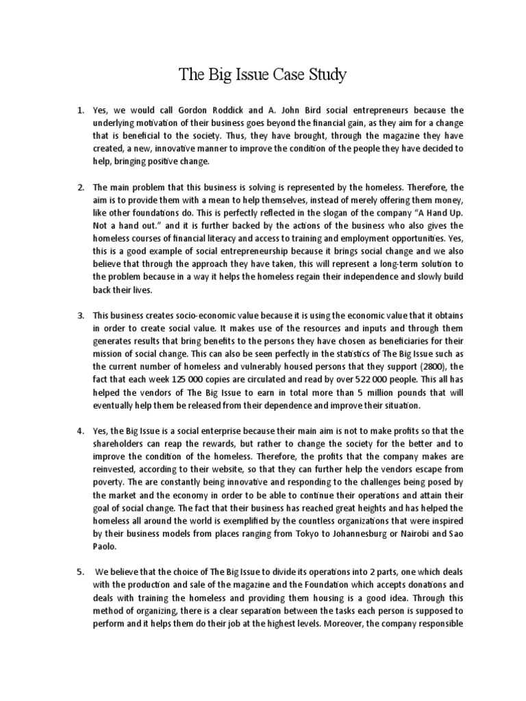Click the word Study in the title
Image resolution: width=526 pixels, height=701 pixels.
(325, 75)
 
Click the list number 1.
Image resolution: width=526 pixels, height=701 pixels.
(80, 110)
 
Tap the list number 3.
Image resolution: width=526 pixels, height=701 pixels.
(80, 316)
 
